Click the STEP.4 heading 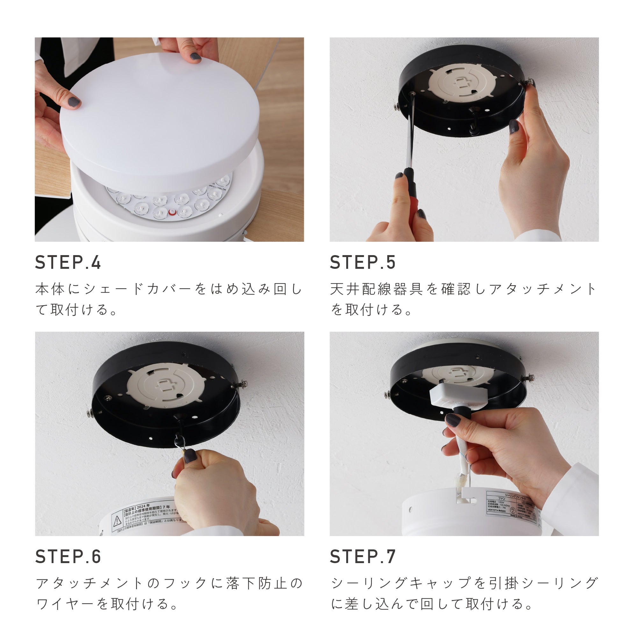[x=68, y=262]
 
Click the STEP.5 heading [x=362, y=262]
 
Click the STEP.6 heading [x=68, y=557]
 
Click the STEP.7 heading [x=362, y=557]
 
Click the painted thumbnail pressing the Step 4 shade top [x=195, y=56]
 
